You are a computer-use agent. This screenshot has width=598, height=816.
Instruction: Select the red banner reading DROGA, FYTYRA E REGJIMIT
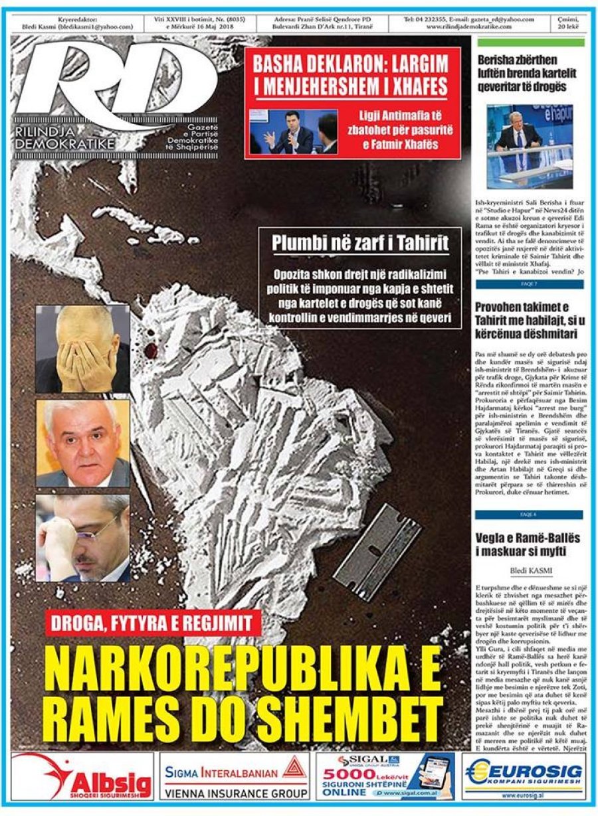153,625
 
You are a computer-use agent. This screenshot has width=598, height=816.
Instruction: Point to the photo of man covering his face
83,349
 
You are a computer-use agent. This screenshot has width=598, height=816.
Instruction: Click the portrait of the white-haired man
83,444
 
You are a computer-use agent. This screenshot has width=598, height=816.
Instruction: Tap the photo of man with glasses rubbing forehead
83,538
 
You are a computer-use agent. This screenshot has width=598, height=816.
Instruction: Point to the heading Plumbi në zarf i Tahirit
360,243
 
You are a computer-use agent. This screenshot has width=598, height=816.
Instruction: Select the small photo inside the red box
293,131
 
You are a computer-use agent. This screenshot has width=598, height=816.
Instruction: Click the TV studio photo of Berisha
524,145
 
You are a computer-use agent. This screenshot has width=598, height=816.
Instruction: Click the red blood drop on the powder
151,349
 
